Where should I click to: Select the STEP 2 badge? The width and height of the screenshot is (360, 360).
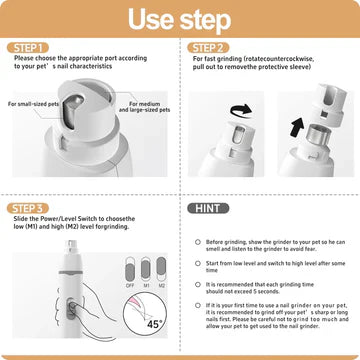click(x=211, y=48)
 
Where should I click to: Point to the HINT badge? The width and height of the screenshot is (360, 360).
click(x=211, y=208)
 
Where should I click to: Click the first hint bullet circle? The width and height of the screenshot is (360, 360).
click(x=198, y=241)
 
